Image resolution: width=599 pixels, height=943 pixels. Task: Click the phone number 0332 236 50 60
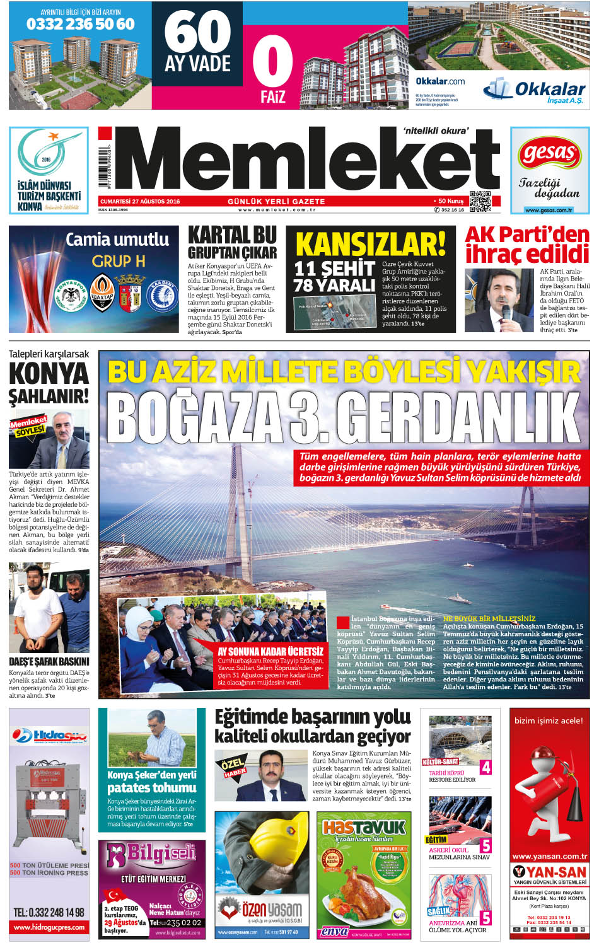click(80, 24)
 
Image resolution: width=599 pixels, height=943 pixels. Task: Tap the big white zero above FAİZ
click(272, 62)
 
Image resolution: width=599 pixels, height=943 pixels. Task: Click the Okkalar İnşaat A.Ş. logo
click(535, 91)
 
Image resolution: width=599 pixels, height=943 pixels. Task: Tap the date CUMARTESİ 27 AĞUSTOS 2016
click(140, 202)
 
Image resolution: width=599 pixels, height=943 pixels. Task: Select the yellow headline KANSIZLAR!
click(370, 244)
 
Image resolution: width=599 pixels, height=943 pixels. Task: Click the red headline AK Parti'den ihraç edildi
click(526, 245)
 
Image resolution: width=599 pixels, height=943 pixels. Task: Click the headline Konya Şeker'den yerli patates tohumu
click(151, 782)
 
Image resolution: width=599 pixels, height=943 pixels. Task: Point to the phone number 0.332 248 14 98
click(49, 912)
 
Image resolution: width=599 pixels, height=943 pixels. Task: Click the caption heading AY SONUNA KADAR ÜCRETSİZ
click(270, 651)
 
